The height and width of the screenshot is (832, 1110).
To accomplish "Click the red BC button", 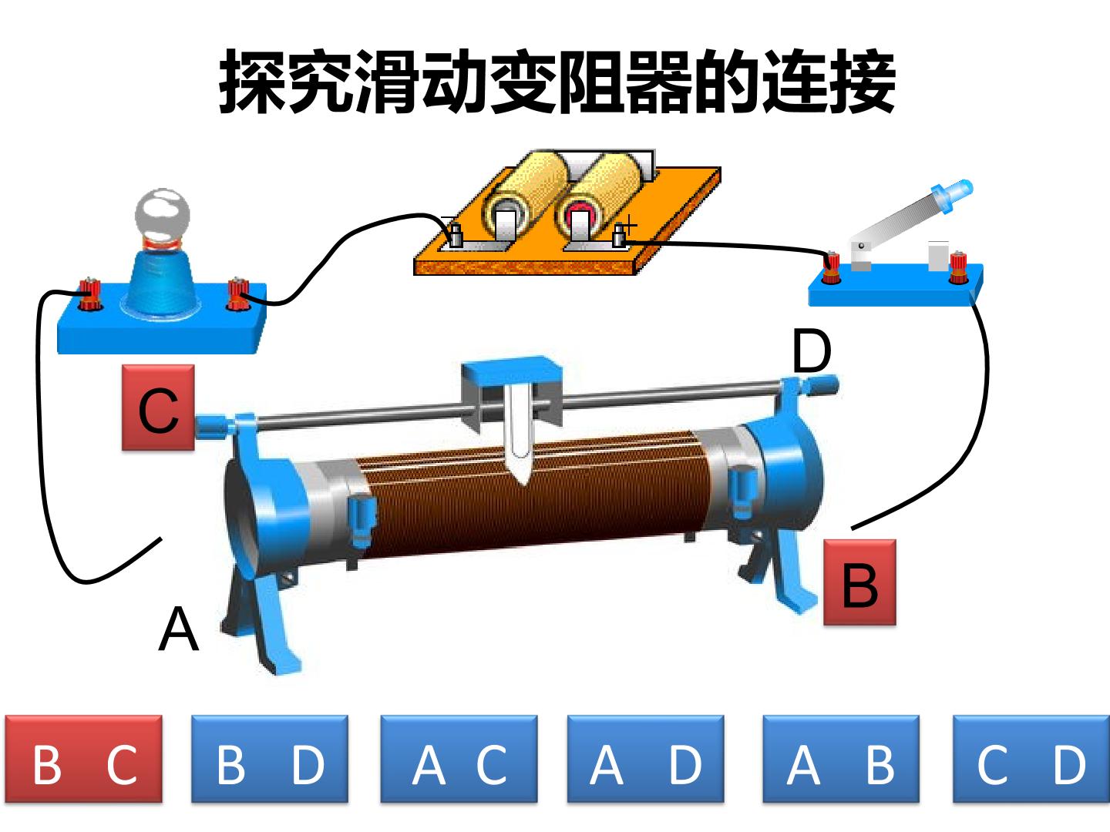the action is tap(83, 759).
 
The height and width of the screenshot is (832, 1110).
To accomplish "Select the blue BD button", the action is tap(270, 759).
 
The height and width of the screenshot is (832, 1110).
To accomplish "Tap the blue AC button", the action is tap(459, 759).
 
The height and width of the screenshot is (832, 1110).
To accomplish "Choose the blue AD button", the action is tap(645, 759).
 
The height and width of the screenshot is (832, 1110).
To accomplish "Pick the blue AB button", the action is tap(840, 759).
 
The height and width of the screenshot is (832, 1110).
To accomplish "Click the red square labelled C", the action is tap(158, 408).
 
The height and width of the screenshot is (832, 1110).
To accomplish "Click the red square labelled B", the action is tap(859, 582).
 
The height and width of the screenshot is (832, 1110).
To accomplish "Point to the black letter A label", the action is tap(179, 629).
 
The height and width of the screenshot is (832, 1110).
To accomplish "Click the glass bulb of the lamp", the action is tap(163, 216).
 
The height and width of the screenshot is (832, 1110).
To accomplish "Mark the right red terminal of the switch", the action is tap(958, 267).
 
